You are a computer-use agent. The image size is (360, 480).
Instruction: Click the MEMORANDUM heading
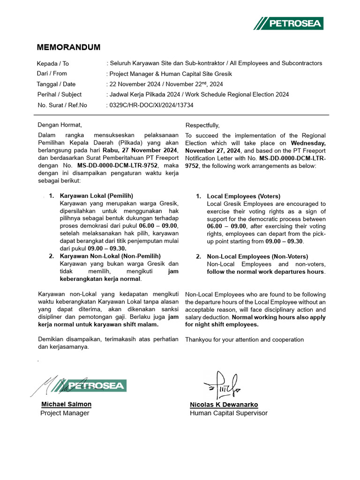[x=68, y=47]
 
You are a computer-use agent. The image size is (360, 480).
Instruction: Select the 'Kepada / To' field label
[x=53, y=64]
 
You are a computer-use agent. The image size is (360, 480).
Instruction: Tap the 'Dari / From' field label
[x=52, y=74]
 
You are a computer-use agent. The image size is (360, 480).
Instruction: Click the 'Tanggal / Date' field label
[x=56, y=84]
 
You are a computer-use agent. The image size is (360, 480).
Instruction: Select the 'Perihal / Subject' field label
[x=59, y=94]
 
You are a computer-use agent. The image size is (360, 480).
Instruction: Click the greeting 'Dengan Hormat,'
[x=60, y=125]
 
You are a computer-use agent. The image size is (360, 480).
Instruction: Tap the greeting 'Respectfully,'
[x=202, y=125]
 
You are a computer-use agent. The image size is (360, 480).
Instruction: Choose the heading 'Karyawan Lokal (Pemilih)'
[x=97, y=195]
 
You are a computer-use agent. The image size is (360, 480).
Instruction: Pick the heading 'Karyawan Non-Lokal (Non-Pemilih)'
[x=110, y=256]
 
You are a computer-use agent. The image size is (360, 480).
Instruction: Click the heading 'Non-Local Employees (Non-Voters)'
[x=257, y=256]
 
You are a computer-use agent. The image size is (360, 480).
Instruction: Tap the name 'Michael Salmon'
[x=66, y=404]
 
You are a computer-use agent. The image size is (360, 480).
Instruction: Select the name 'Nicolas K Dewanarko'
[x=224, y=405]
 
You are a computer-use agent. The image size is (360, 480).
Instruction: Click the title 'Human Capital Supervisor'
[x=228, y=413]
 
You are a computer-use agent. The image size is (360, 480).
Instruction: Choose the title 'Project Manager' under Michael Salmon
[x=65, y=413]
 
